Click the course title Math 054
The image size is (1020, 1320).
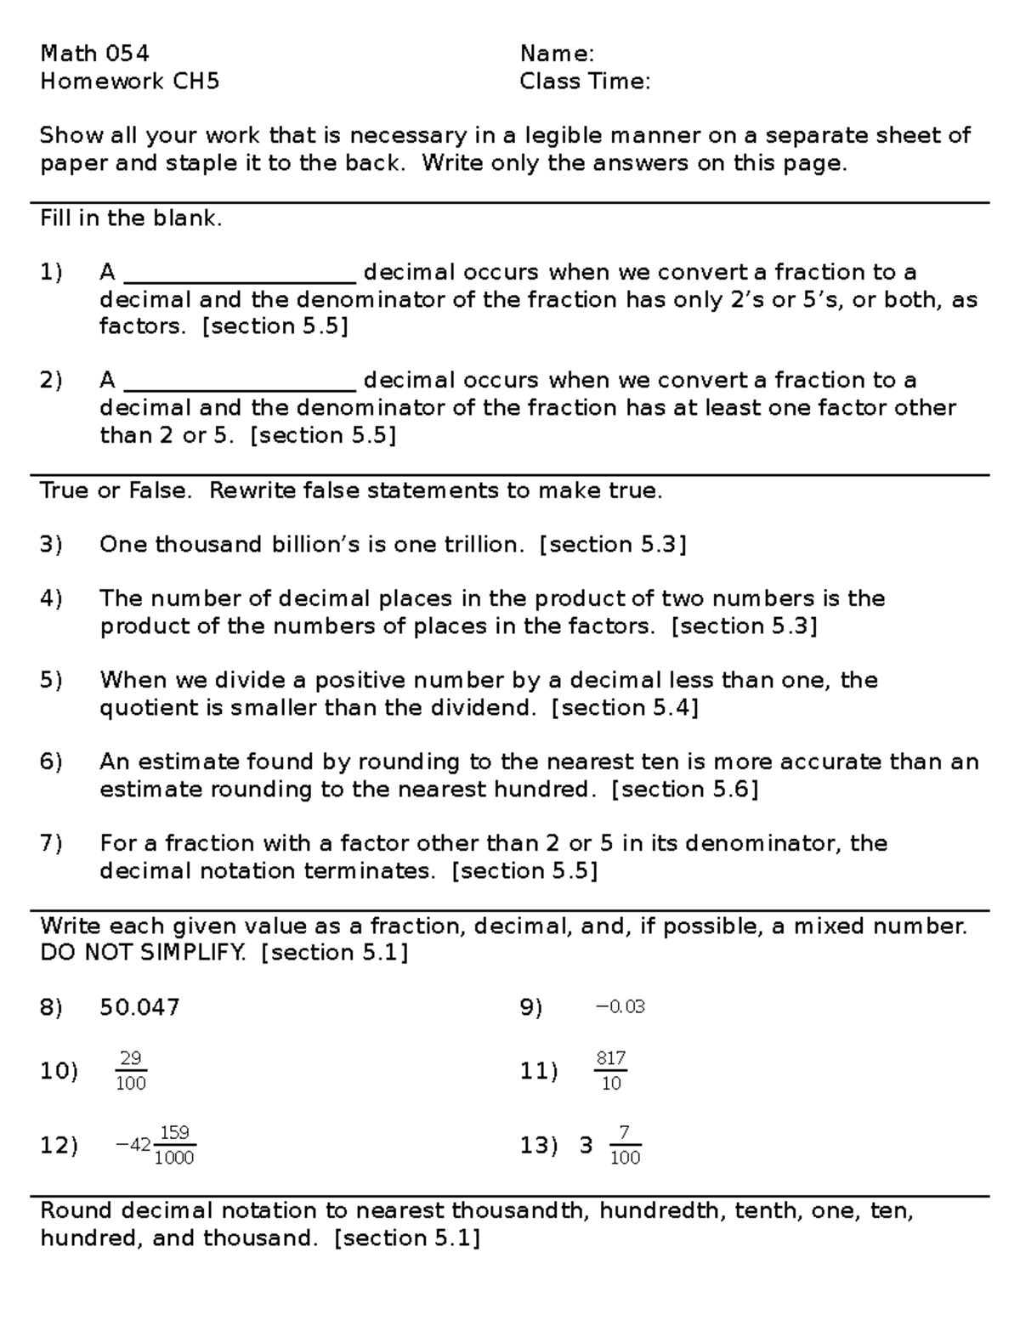[94, 54]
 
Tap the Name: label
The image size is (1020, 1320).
[557, 54]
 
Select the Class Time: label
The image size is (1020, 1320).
[585, 82]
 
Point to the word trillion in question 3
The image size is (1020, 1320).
[483, 545]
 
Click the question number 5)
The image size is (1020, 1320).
[51, 680]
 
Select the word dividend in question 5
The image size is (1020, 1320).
[493, 708]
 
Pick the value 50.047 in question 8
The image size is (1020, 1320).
[139, 1008]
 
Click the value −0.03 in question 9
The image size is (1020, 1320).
[620, 1007]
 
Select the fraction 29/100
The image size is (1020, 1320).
[131, 1071]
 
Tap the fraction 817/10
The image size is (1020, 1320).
[611, 1071]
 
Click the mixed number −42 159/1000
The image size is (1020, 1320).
[156, 1145]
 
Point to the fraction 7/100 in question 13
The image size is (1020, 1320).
[625, 1145]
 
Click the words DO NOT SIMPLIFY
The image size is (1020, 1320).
[143, 953]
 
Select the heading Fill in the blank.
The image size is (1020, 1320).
[131, 218]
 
